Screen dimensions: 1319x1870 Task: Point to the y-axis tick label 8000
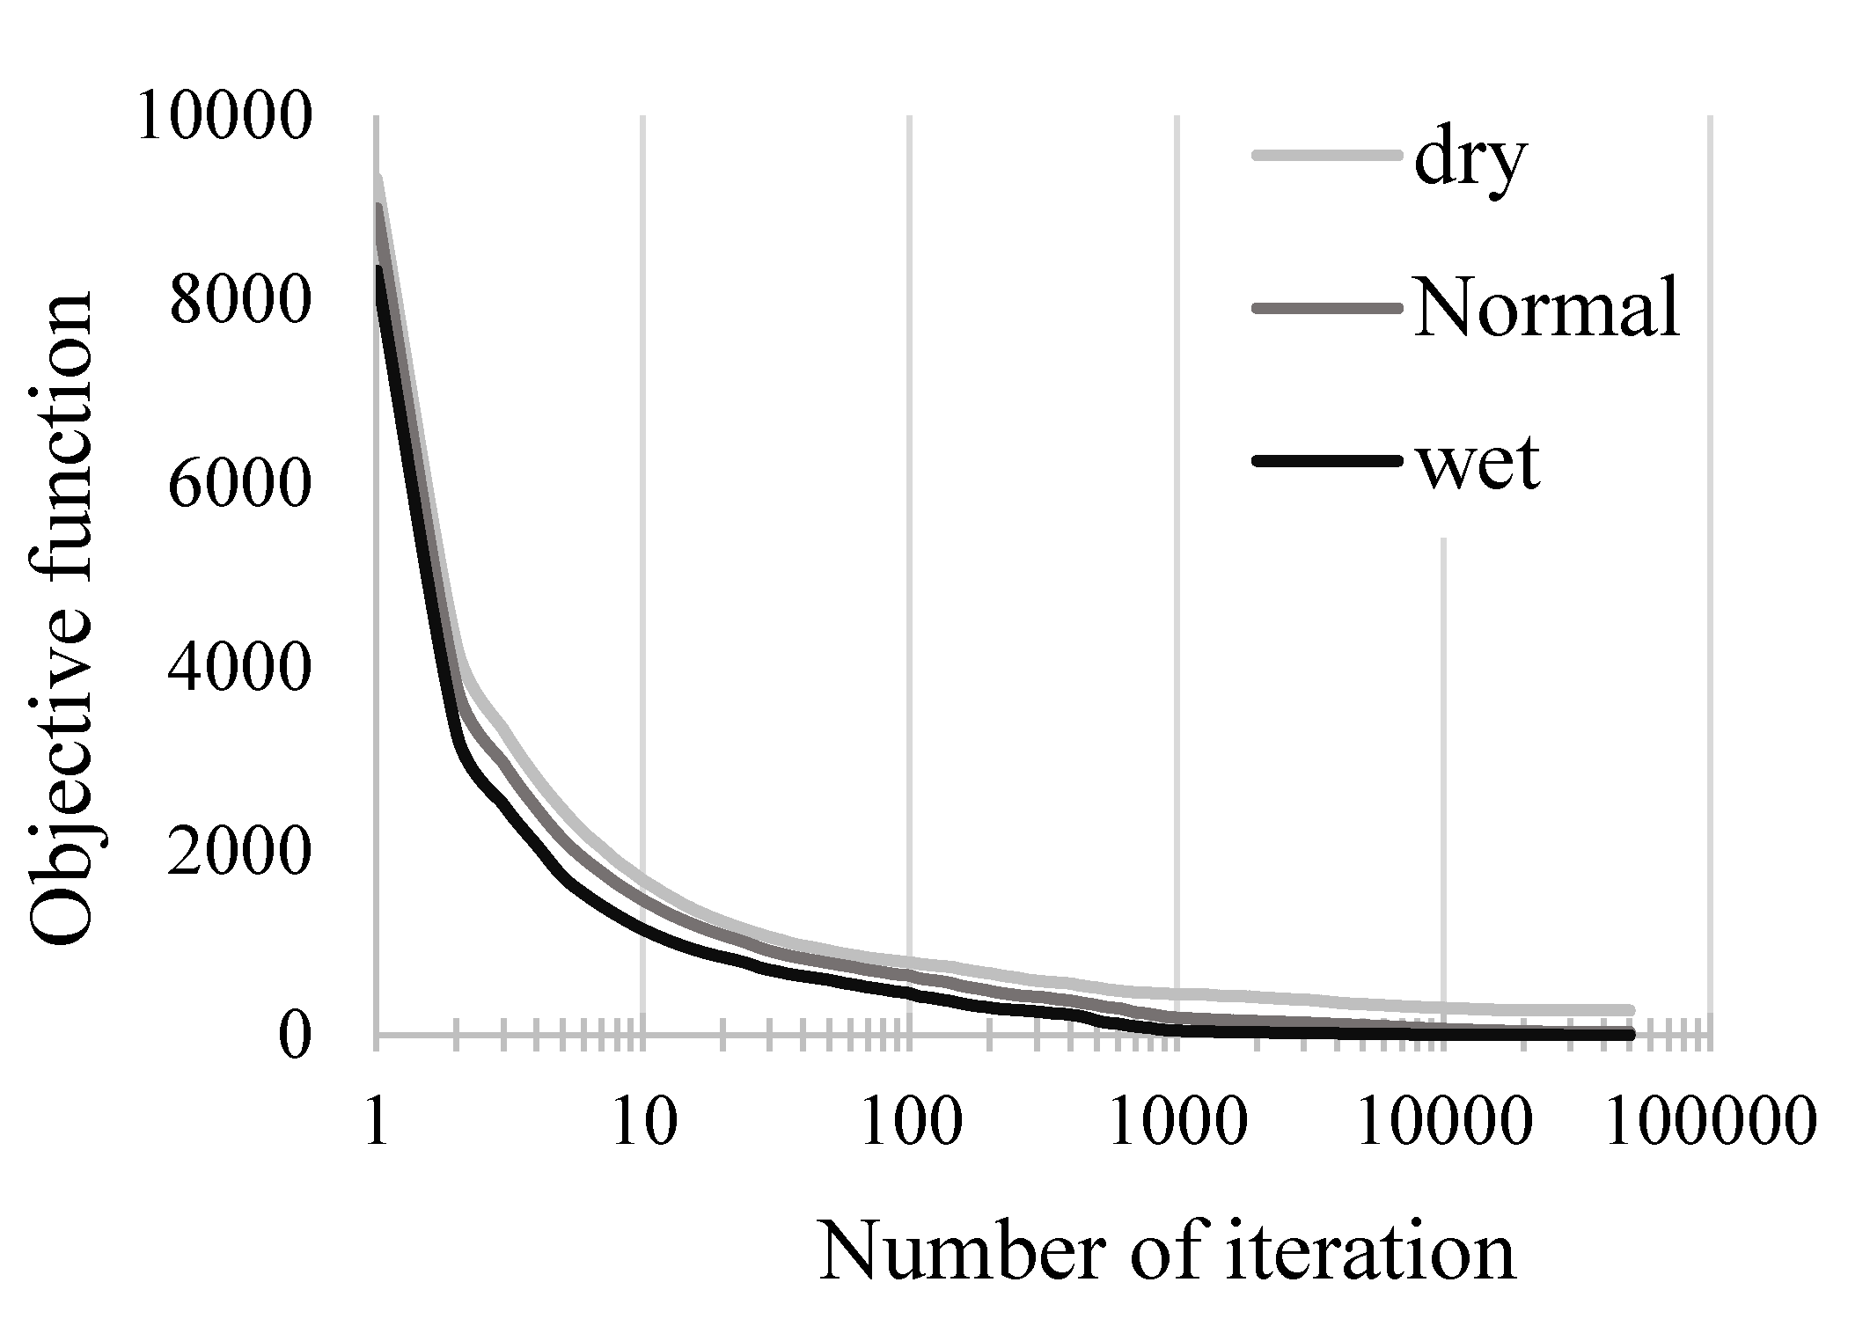(239, 301)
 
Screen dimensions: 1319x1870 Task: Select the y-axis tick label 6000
(239, 485)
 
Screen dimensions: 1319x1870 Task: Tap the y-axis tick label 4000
(239, 669)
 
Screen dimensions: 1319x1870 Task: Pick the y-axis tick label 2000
(239, 853)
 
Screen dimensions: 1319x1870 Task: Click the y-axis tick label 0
(296, 1037)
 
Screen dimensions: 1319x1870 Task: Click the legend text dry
(1468, 163)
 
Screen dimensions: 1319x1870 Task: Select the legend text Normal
(1546, 311)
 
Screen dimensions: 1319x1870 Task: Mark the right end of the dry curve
(1630, 1010)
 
